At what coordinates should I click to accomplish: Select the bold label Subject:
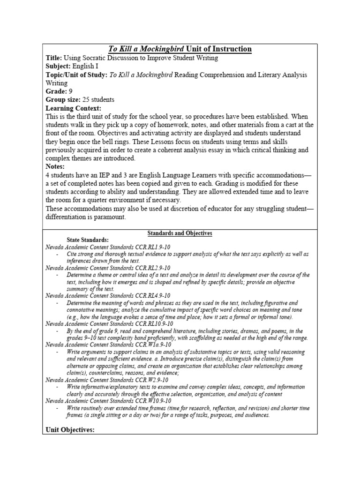point(60,67)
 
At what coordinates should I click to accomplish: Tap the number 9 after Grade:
point(70,91)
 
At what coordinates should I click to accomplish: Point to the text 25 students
point(98,100)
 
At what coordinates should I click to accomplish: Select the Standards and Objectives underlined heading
point(180,233)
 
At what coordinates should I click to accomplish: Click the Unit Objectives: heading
point(70,429)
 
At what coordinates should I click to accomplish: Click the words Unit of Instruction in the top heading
point(219,49)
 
